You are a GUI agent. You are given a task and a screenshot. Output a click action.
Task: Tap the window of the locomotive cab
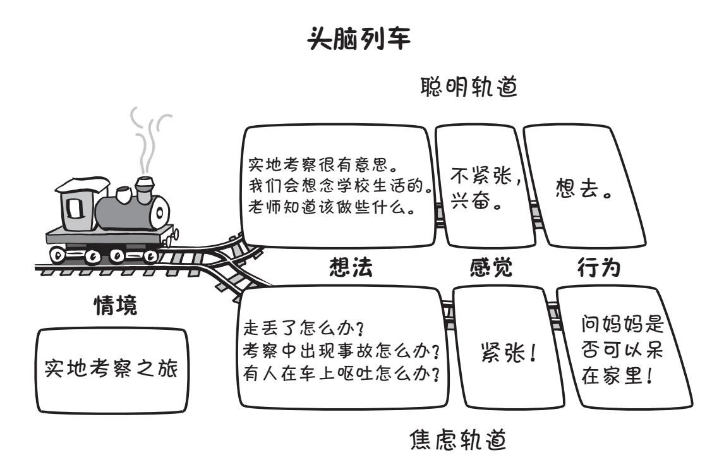pos(75,207)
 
